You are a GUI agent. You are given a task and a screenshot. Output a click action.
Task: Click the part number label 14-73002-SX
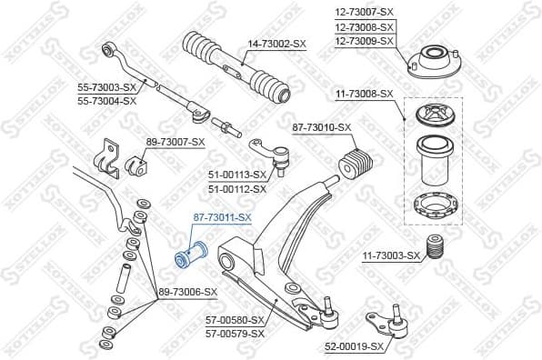point(277,43)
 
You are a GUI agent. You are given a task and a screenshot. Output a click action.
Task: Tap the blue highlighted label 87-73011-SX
point(221,218)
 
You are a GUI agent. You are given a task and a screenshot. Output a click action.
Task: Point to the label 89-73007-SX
point(175,142)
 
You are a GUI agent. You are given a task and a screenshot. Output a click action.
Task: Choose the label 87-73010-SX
point(320,127)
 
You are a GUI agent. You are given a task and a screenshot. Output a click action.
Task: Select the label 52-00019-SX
point(356,346)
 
